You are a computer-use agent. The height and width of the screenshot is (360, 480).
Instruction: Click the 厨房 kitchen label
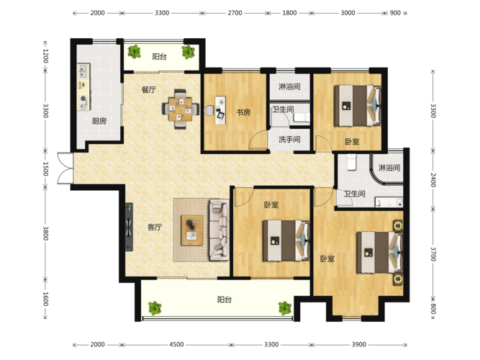tap(99, 122)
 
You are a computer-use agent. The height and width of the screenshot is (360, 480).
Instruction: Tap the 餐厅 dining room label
tap(149, 90)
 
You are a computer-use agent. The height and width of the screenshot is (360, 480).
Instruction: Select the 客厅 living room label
tap(155, 227)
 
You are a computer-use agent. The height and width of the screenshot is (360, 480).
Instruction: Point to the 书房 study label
tap(243, 112)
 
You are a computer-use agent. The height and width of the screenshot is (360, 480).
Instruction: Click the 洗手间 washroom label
tap(289, 140)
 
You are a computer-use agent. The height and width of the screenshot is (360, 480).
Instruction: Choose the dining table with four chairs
tap(181, 109)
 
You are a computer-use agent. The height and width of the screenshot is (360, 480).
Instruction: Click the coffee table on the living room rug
tap(192, 230)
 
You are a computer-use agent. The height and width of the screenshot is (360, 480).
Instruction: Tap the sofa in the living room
tap(219, 230)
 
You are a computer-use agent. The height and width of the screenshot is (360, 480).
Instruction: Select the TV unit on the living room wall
tap(129, 227)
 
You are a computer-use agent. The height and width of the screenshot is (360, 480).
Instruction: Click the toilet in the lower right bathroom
tap(351, 162)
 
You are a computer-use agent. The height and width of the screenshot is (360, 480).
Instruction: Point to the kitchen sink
tap(83, 71)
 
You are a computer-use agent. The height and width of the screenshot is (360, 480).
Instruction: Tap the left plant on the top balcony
tap(134, 51)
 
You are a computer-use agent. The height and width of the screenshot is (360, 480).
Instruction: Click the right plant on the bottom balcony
tap(285, 308)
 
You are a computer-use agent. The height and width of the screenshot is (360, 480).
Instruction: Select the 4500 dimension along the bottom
tap(176, 345)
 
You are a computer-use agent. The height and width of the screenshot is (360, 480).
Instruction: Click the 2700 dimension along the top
tap(235, 13)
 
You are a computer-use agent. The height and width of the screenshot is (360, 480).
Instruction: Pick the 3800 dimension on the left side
tap(45, 233)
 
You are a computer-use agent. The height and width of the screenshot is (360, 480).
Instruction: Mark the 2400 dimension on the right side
tap(433, 180)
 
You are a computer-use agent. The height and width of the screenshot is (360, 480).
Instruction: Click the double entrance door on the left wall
tap(65, 168)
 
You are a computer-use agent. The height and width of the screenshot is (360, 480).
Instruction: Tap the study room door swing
tap(258, 140)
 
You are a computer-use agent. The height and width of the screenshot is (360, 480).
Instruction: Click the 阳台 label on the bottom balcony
tap(225, 300)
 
